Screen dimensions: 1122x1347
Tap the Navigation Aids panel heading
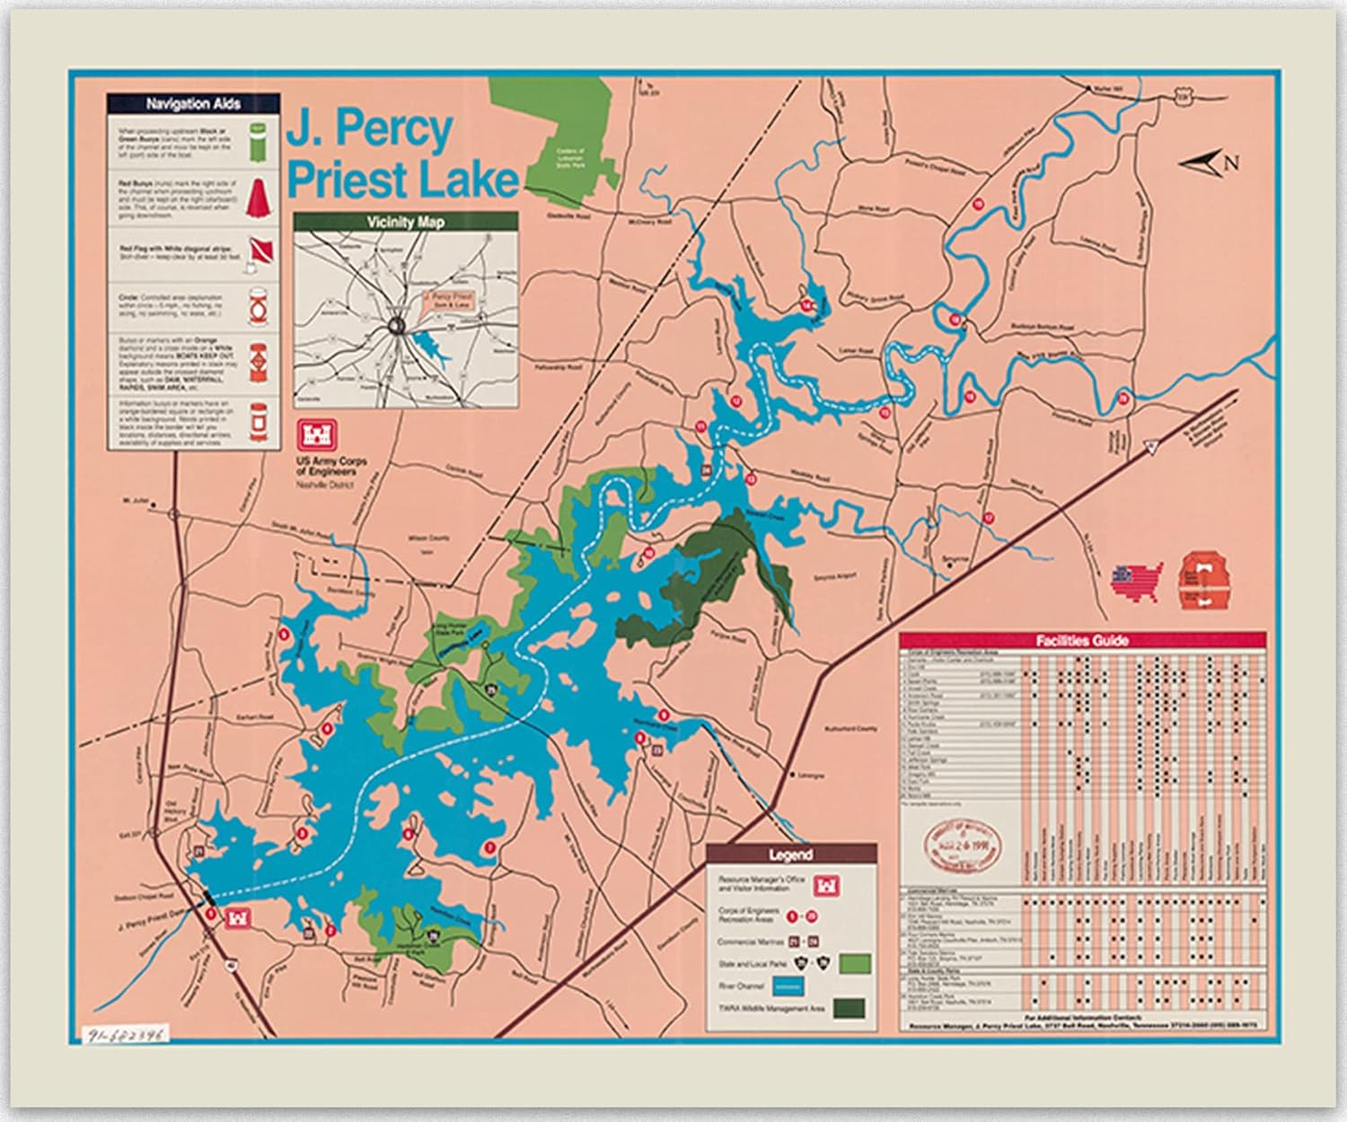[193, 104]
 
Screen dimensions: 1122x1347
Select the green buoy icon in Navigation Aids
[257, 143]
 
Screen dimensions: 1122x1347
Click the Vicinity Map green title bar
[405, 222]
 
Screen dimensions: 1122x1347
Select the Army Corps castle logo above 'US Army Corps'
[318, 435]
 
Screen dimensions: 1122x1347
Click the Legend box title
[790, 855]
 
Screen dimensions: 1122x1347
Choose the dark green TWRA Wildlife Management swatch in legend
[849, 1008]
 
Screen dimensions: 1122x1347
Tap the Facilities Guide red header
[1082, 640]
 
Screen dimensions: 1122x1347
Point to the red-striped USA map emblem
[1136, 579]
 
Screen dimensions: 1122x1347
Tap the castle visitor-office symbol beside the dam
[239, 918]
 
